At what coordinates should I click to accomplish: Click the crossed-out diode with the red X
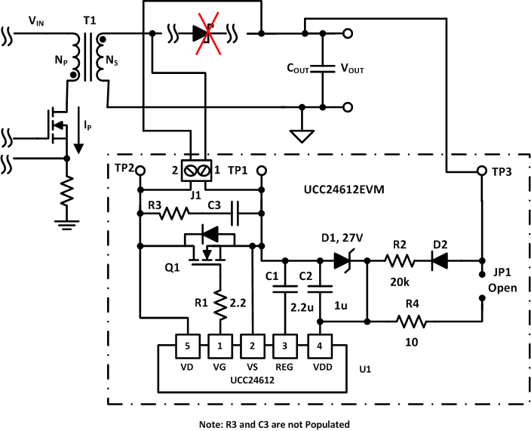pos(201,33)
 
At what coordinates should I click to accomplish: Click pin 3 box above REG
pos(284,346)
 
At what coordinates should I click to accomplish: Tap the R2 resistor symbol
pos(398,261)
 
